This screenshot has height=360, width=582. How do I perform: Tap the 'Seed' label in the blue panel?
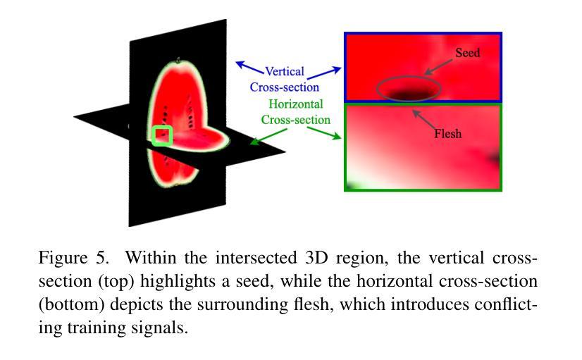click(x=467, y=53)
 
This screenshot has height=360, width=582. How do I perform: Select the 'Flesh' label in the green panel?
click(x=448, y=133)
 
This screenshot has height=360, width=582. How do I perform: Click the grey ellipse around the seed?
click(x=409, y=77)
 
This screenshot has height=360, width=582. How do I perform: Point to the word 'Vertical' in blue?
click(x=285, y=71)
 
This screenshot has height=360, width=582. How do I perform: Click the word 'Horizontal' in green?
click(x=296, y=104)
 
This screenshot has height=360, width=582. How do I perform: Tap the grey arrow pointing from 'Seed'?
click(x=439, y=67)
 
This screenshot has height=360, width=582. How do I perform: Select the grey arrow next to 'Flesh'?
click(x=423, y=119)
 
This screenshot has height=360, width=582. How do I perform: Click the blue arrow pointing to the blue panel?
click(x=324, y=73)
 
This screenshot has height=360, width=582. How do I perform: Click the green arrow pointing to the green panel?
click(x=323, y=133)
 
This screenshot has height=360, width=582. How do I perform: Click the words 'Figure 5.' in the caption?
click(x=74, y=258)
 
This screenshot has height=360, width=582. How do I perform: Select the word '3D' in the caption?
click(x=316, y=258)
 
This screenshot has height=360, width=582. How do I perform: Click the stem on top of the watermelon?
click(x=179, y=60)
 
